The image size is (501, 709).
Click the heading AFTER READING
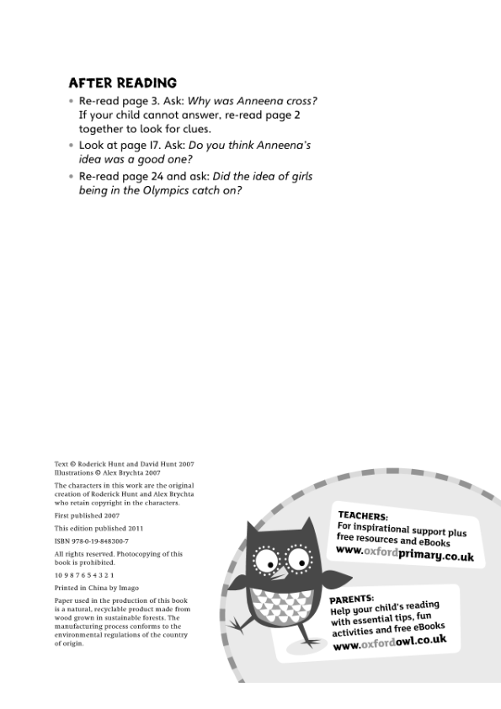click(122, 83)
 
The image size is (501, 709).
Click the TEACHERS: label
click(363, 515)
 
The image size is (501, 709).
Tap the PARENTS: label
click(352, 599)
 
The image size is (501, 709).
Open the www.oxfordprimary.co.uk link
click(404, 553)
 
